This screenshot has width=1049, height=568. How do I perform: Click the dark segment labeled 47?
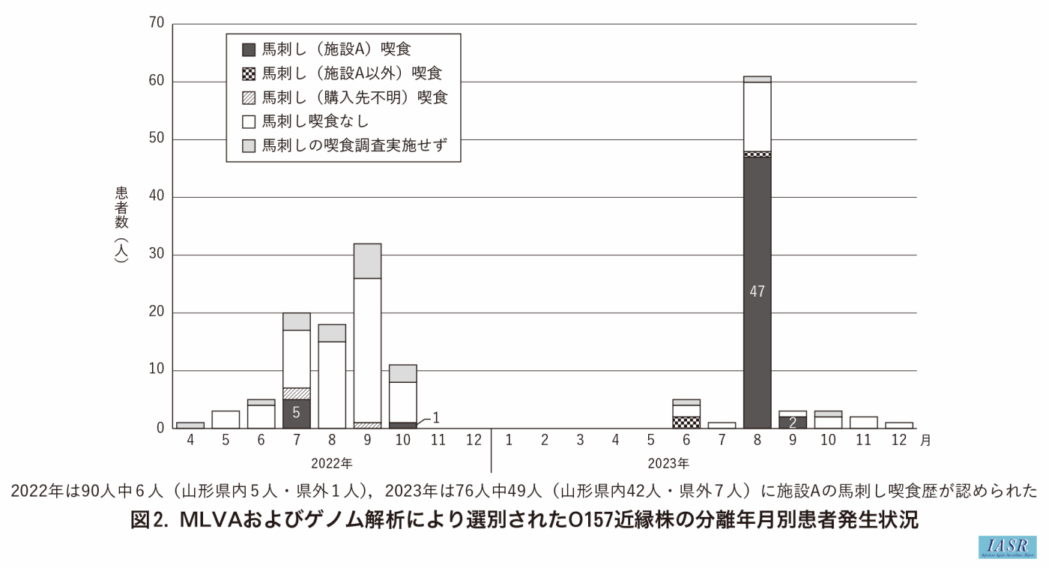[757, 292]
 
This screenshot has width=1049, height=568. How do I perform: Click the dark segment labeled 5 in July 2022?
[297, 414]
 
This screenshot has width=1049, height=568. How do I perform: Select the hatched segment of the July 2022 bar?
[297, 393]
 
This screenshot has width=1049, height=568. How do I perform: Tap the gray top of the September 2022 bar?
[367, 261]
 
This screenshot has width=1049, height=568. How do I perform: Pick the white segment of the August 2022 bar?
[332, 384]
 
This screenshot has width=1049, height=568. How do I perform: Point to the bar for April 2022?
[190, 426]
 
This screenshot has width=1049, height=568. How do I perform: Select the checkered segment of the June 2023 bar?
[686, 423]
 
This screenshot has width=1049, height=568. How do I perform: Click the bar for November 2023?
[864, 423]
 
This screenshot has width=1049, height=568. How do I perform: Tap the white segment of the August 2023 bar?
[757, 116]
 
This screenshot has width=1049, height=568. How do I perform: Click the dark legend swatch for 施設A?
[249, 50]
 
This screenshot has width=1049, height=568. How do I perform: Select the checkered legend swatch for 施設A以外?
[249, 73]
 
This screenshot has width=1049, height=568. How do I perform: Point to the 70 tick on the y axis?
[157, 24]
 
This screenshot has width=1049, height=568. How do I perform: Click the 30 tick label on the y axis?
[157, 255]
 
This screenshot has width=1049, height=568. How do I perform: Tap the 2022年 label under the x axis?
[332, 463]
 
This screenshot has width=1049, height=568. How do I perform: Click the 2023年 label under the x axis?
[668, 463]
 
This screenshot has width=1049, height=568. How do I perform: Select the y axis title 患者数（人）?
[121, 223]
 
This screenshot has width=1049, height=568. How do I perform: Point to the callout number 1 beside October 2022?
[436, 417]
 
